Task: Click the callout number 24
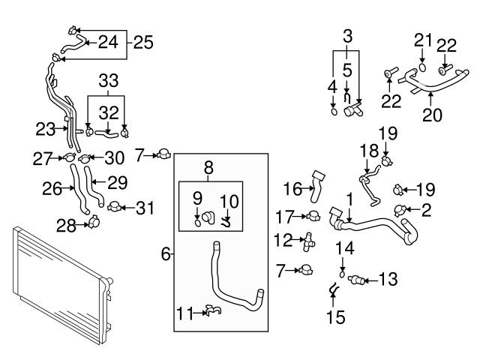coord(108,41)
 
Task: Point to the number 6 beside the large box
coord(165,255)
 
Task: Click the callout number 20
coord(433,115)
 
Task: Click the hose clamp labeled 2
coord(401,210)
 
